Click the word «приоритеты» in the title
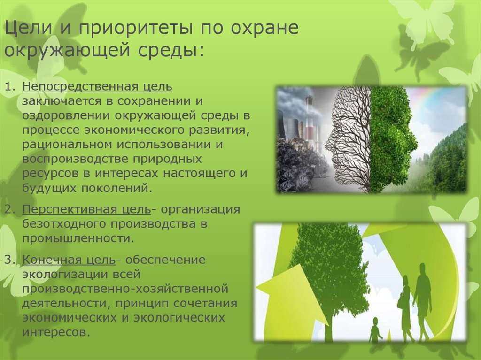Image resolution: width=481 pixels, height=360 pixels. pos(136,28)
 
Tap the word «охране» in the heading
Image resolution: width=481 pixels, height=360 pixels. pos(264,28)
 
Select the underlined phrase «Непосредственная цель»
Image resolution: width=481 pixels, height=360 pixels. pos(97,86)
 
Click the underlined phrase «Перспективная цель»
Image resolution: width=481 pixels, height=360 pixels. pos(86,209)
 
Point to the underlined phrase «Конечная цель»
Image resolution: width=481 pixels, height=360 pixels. pos(69,260)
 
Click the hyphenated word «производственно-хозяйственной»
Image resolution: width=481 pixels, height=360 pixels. pos(125,289)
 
